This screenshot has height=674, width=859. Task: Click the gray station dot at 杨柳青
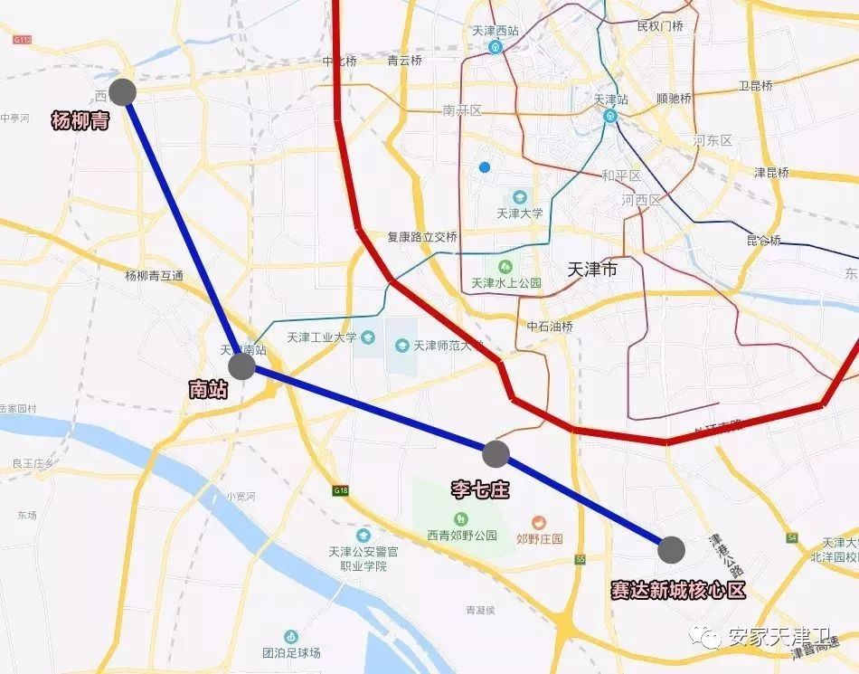(x=122, y=91)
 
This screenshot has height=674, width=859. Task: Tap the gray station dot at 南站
(x=242, y=366)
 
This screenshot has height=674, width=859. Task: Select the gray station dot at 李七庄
(x=496, y=453)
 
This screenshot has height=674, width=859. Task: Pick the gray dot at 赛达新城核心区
(x=671, y=548)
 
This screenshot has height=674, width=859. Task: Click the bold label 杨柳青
(x=80, y=121)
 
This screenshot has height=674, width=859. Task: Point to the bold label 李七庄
(x=480, y=490)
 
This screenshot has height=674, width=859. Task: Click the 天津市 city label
(x=591, y=270)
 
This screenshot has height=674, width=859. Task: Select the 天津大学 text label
(x=520, y=214)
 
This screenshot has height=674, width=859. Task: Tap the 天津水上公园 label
(x=506, y=283)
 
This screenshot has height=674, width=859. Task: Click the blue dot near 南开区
(x=486, y=166)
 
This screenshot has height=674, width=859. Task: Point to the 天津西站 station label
(x=496, y=31)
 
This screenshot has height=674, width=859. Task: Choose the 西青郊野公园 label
(x=462, y=535)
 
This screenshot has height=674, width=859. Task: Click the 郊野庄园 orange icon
(x=539, y=522)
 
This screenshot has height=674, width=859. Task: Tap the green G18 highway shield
(x=340, y=490)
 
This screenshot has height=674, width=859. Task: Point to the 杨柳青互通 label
(x=154, y=276)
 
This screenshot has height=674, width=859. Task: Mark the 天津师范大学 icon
(x=401, y=345)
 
